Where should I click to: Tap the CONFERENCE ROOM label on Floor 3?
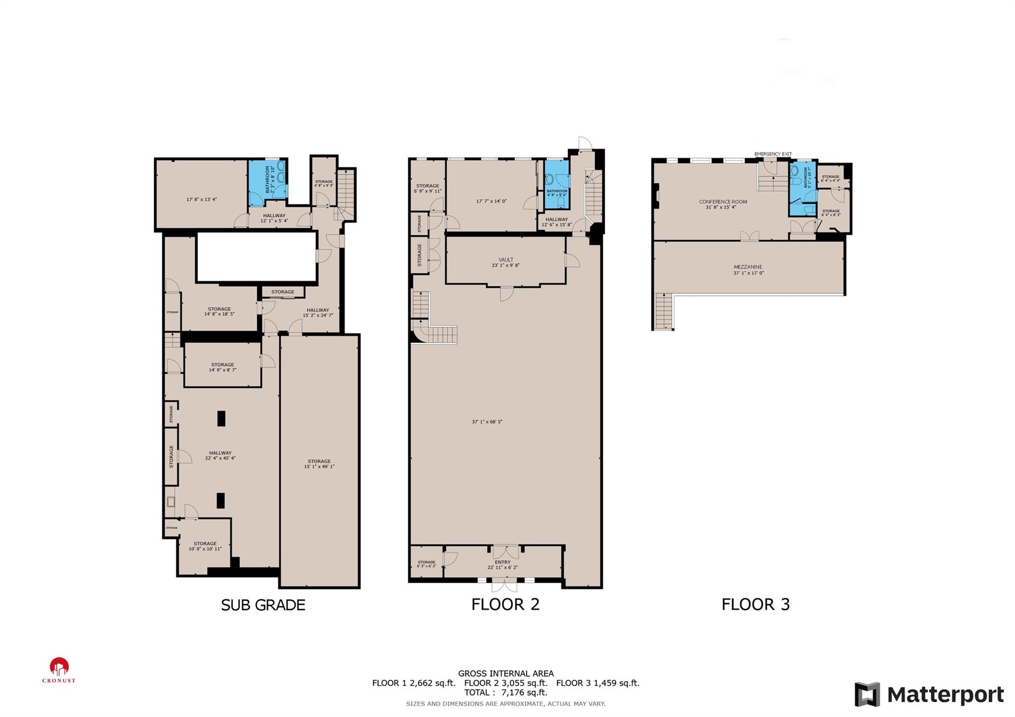point(723,202)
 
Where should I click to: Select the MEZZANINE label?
point(748,267)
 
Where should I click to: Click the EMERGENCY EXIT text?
point(773,154)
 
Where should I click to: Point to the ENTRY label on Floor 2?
point(502,562)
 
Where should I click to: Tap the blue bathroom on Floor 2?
point(556,184)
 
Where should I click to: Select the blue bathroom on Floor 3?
point(802,188)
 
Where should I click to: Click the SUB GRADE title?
point(263,605)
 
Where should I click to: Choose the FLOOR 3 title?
point(755,605)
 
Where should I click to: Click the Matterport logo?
point(929,694)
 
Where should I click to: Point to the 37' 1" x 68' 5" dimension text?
point(487,422)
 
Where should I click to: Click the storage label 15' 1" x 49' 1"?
point(319,464)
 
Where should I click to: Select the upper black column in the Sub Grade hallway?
point(221,418)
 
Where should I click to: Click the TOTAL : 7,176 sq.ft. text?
point(506,693)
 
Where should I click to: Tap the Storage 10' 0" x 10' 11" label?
point(205,546)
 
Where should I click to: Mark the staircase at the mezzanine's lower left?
point(663,311)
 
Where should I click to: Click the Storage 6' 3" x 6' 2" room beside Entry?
point(426,563)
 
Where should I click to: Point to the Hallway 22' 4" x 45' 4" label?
point(220,455)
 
